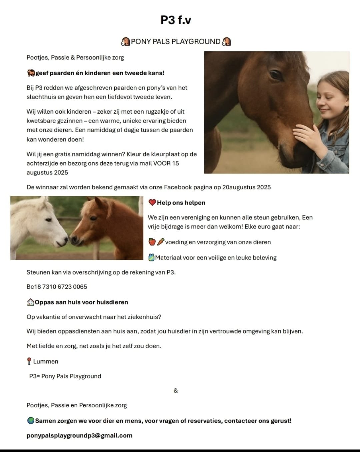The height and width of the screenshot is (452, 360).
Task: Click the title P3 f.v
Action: [176, 20]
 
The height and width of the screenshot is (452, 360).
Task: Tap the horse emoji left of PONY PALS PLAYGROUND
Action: [125, 42]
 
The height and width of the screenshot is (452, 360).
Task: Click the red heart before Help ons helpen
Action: [152, 203]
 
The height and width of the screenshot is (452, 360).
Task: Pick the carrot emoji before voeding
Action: [161, 242]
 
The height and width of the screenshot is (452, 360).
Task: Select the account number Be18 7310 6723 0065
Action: [57, 287]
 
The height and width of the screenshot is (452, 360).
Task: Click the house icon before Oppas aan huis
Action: [30, 302]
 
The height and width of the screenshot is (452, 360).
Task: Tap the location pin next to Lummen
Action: [29, 362]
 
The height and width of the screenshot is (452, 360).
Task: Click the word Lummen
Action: [46, 362]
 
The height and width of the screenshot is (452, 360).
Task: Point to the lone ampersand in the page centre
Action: [176, 391]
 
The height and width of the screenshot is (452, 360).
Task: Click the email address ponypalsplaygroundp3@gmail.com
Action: [79, 436]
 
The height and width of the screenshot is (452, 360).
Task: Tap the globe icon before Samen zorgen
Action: [31, 421]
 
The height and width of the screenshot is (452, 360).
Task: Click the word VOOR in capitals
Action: [162, 164]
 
